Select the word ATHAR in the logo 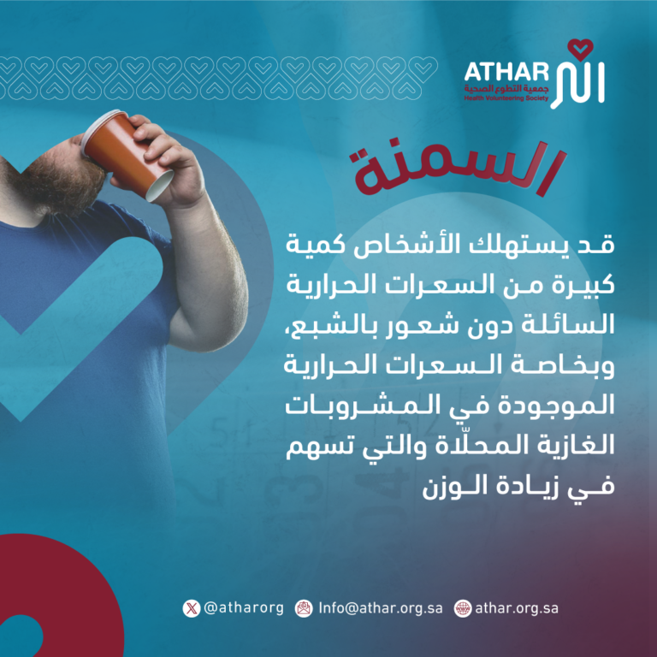point(506,72)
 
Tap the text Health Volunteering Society point(506,98)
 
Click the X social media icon point(192,608)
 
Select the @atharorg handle point(244,608)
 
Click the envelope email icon point(304,608)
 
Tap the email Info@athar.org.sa point(381,608)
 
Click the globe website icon point(463,608)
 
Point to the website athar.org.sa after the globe point(517,608)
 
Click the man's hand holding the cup point(168,163)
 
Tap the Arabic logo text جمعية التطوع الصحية point(506,88)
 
